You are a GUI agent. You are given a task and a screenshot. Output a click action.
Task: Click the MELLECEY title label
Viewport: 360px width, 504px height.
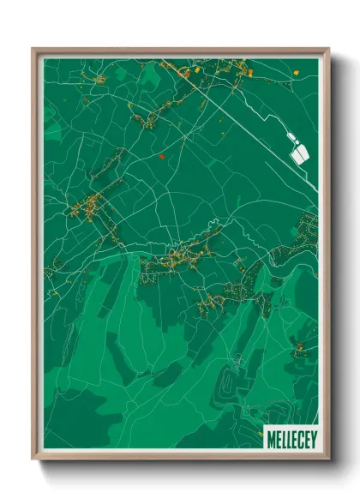[x=291, y=434]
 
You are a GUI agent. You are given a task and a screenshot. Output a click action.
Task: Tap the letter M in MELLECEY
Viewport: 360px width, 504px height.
[x=271, y=434]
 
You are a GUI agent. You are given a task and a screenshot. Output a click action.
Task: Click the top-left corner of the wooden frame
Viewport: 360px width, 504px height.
[x=33, y=50]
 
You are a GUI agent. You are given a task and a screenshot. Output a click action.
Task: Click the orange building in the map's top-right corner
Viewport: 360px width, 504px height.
[x=297, y=72]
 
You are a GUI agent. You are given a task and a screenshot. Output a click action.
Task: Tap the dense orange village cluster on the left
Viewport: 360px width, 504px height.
[x=88, y=206]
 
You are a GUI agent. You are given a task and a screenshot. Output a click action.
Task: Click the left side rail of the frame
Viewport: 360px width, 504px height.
[x=35, y=257]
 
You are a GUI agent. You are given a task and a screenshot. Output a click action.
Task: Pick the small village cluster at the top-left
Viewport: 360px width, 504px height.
[x=99, y=80]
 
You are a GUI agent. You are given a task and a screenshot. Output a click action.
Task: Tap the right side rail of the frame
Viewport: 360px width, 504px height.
[x=326, y=257]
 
